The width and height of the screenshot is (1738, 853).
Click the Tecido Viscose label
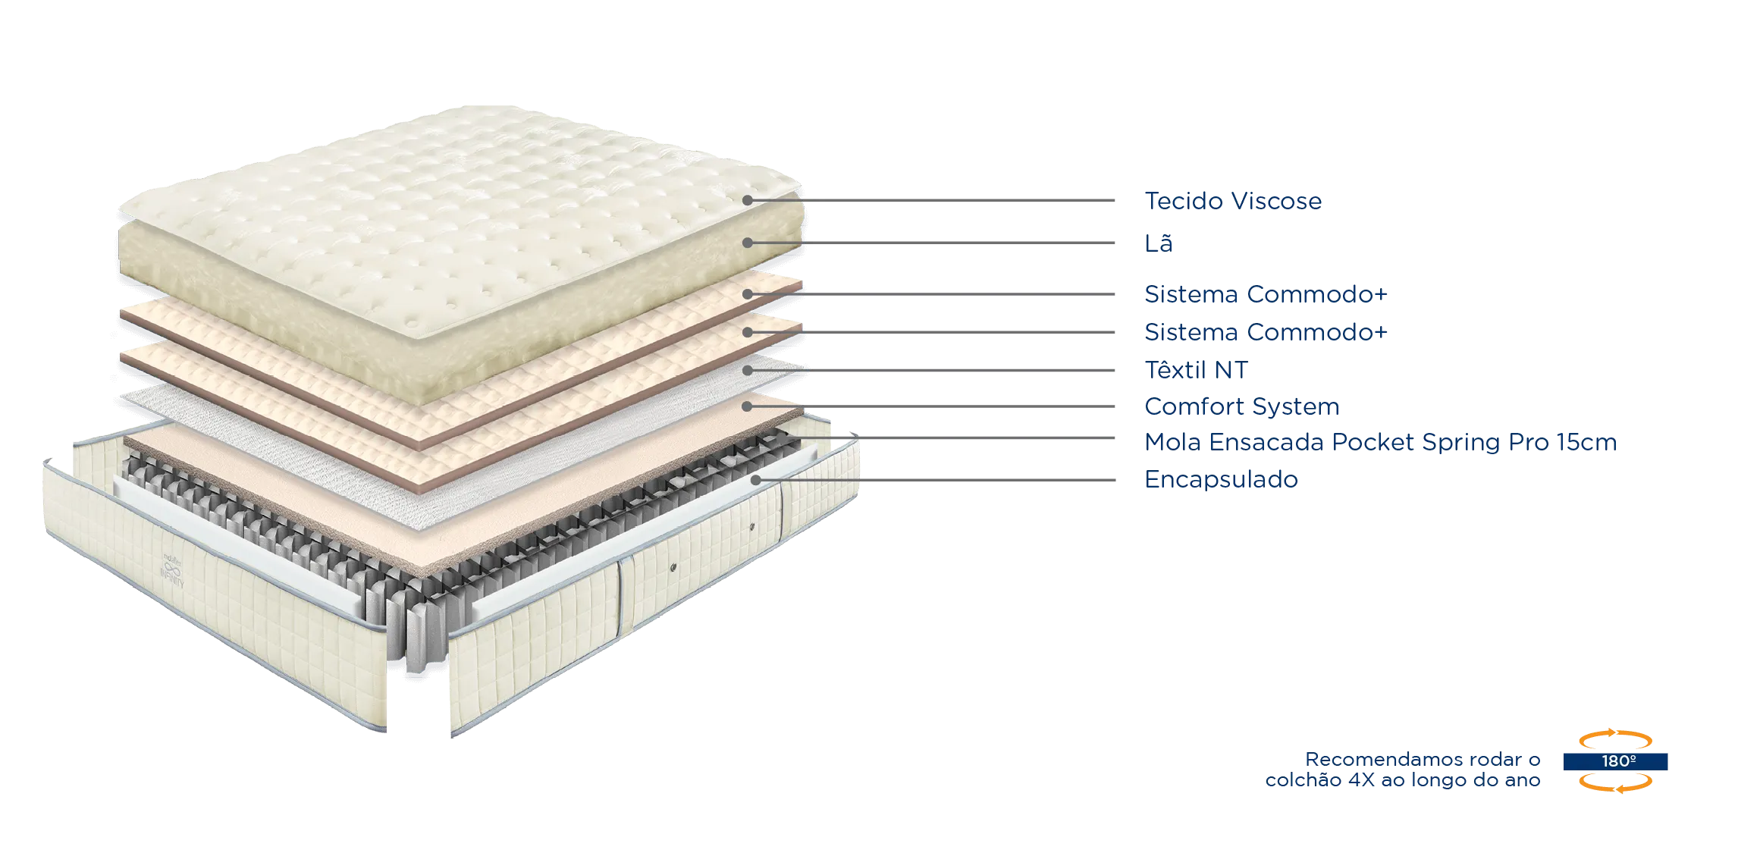(x=1233, y=201)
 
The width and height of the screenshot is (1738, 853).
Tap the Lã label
(x=1159, y=243)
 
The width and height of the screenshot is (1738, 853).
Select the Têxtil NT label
(x=1197, y=370)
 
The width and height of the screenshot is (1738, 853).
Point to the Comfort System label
(x=1242, y=407)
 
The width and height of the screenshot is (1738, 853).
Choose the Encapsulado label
(x=1222, y=480)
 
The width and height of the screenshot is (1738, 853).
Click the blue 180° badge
(x=1615, y=761)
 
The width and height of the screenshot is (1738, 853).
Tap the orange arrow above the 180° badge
(x=1616, y=737)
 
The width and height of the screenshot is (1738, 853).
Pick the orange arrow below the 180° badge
(x=1616, y=784)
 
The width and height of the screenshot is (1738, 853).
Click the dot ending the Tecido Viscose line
(x=748, y=201)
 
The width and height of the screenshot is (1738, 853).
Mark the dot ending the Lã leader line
(x=748, y=243)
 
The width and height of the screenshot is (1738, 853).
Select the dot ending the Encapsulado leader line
(x=756, y=480)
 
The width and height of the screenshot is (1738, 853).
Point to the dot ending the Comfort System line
(x=747, y=407)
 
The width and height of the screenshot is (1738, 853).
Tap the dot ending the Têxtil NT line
(x=748, y=371)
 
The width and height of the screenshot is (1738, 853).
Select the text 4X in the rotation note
(x=1361, y=780)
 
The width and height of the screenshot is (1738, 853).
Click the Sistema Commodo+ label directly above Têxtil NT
(x=1266, y=332)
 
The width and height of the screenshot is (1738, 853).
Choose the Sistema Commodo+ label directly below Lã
(x=1266, y=294)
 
